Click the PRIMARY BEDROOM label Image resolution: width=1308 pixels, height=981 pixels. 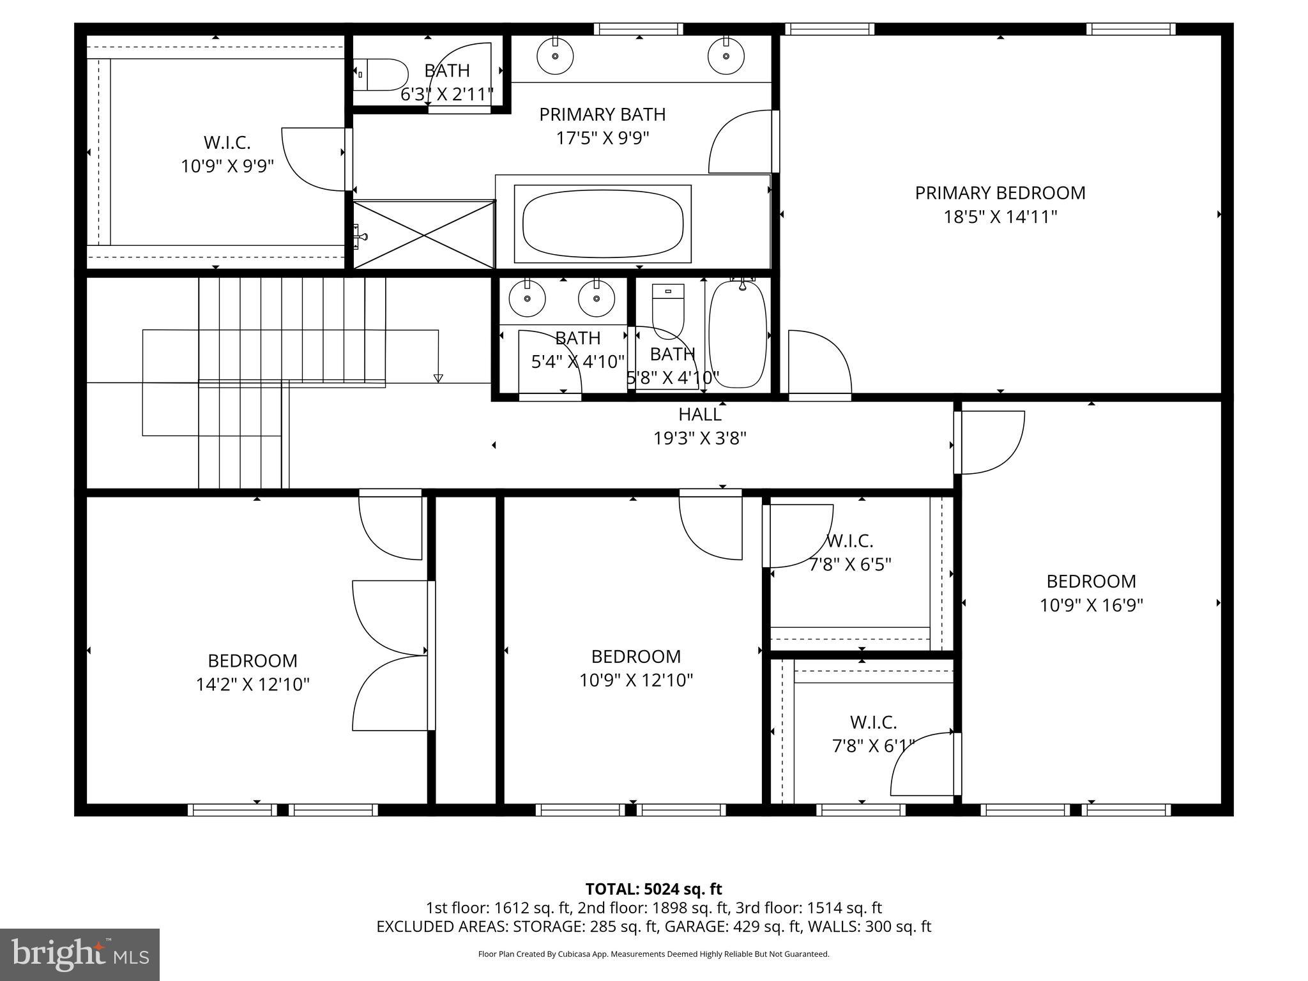[x=1000, y=193]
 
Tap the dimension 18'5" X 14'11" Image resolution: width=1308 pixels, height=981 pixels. [x=1000, y=217]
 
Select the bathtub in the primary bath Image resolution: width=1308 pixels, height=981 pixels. [x=602, y=224]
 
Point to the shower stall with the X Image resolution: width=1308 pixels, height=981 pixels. [x=424, y=234]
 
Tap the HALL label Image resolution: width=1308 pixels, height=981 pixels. [x=699, y=414]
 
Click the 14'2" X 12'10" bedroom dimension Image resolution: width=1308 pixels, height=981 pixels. [x=252, y=685]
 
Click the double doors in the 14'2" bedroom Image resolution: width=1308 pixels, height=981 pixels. [x=391, y=655]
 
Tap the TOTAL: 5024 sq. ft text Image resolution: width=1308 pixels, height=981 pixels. [x=653, y=889]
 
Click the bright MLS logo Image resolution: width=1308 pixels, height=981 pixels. [x=80, y=954]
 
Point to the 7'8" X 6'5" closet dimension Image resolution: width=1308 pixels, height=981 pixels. [x=849, y=565]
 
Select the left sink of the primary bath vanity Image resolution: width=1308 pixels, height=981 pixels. [x=555, y=56]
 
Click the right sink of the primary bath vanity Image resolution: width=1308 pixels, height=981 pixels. [x=726, y=56]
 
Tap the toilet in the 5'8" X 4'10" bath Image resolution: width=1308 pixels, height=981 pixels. [x=667, y=310]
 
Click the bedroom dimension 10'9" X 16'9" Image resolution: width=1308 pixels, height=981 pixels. [x=1091, y=605]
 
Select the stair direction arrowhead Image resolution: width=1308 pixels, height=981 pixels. [x=437, y=378]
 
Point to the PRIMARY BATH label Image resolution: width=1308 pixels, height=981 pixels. [x=602, y=114]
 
